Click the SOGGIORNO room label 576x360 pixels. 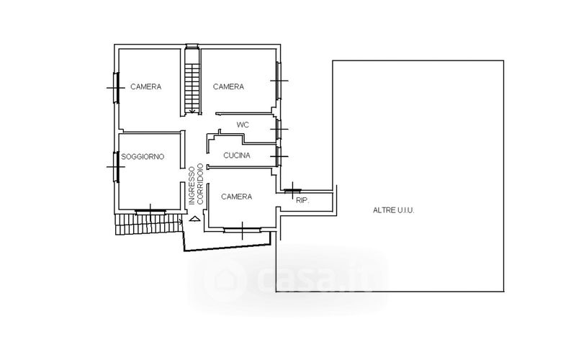(143, 157)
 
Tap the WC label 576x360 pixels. (243, 125)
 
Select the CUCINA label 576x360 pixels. (237, 156)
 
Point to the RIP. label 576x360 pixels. (302, 201)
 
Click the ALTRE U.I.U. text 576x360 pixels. (393, 210)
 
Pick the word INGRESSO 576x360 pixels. (192, 186)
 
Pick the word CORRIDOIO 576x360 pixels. (200, 184)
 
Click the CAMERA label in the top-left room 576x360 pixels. (146, 86)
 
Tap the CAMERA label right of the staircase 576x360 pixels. (228, 86)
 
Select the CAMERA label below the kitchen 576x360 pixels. (237, 197)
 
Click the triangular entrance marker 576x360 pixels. (194, 219)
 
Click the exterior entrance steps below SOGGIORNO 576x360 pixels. (149, 224)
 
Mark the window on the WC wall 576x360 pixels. (279, 130)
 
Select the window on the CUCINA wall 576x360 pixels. (279, 156)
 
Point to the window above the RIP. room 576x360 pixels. (293, 190)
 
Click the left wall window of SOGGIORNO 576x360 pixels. (116, 167)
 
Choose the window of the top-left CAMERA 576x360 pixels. (116, 88)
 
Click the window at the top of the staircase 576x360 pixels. (192, 46)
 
